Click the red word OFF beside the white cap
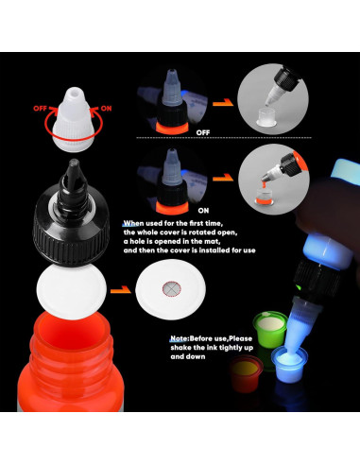click(x=40, y=109)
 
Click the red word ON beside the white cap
click(x=106, y=109)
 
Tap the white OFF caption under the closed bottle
click(x=203, y=132)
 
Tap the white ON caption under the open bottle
click(x=203, y=211)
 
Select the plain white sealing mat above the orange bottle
click(x=72, y=292)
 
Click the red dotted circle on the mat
click(x=172, y=288)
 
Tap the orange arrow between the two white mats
click(x=121, y=289)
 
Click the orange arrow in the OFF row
click(x=223, y=102)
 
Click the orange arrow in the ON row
click(x=223, y=179)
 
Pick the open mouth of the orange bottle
click(x=72, y=328)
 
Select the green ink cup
click(x=270, y=329)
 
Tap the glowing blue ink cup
click(x=289, y=364)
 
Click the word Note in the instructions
click(x=179, y=338)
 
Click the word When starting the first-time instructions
click(x=133, y=223)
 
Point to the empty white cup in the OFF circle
click(x=266, y=117)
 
